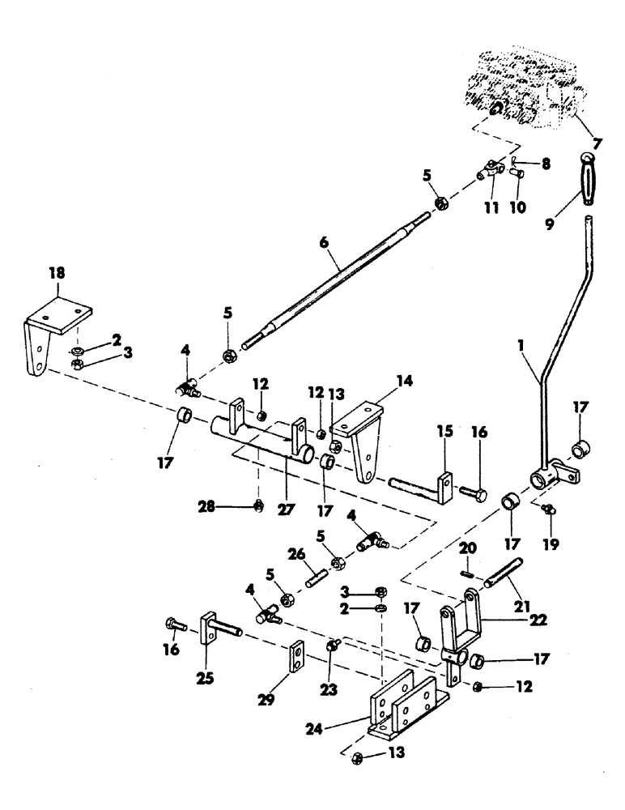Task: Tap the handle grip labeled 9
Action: pos(587,180)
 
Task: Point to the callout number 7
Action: pos(597,144)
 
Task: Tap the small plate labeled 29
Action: pos(297,655)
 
